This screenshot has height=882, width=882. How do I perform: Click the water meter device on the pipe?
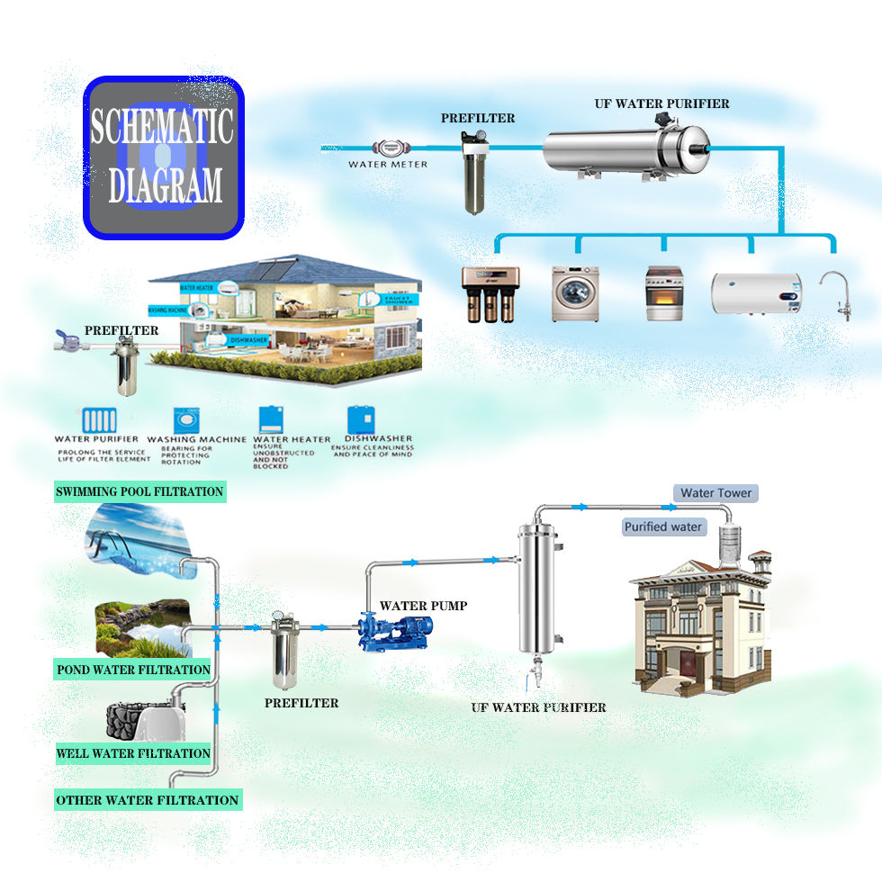(x=389, y=148)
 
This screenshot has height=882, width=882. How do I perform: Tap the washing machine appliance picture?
(x=575, y=293)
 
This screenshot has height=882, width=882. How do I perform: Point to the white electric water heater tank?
(x=756, y=293)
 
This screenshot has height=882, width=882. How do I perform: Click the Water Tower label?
(x=715, y=493)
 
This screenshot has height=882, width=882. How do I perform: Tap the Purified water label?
(x=663, y=526)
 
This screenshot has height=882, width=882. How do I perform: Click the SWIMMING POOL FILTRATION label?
(x=139, y=491)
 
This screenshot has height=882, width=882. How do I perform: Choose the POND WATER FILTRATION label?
(x=133, y=670)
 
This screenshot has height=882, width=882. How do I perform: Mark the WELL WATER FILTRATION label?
(x=133, y=753)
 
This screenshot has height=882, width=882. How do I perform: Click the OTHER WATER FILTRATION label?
(x=148, y=800)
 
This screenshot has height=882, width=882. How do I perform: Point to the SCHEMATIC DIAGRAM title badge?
(x=163, y=157)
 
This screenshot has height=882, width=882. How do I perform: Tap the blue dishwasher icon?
(x=361, y=421)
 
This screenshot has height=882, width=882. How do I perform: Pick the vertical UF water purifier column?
(x=537, y=589)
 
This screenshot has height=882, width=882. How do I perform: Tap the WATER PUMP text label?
(x=423, y=606)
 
